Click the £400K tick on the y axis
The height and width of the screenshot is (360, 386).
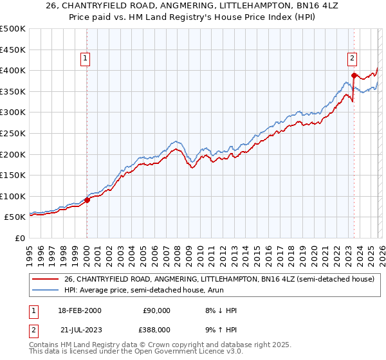pyautogui.click(x=13, y=70)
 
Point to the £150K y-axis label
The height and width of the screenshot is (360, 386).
pyautogui.click(x=13, y=175)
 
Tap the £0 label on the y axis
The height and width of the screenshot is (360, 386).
pyautogui.click(x=21, y=238)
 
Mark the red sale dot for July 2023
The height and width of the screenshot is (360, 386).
pyautogui.click(x=354, y=76)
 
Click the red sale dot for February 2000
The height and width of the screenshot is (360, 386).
pyautogui.click(x=87, y=200)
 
